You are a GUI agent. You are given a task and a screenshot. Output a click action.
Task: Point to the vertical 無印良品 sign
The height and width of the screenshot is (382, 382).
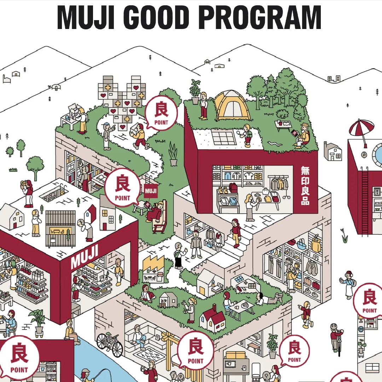point(305,185)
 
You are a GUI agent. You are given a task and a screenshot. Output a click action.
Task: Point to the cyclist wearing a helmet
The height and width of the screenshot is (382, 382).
point(336,336)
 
